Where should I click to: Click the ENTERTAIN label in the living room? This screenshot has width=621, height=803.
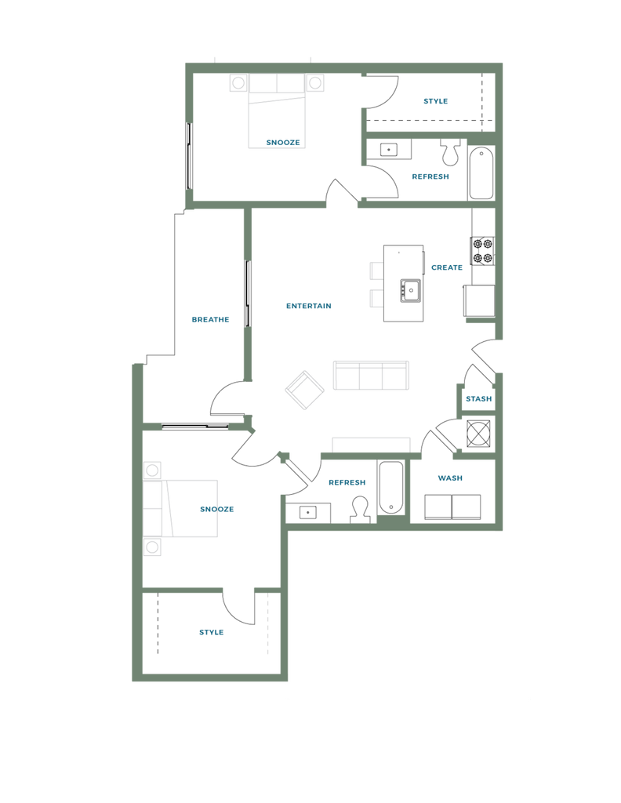pos(309,307)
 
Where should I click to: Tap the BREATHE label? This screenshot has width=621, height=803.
pos(211,319)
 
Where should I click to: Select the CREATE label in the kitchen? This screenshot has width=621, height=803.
pos(447,268)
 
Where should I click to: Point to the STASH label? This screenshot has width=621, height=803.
pos(478,399)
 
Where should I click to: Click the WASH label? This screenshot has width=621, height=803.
pos(448,478)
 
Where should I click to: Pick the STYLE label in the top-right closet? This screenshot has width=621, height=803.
pos(435,101)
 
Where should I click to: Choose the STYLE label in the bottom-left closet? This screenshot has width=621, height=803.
pos(211,632)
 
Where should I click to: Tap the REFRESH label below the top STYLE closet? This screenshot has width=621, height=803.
pos(430,177)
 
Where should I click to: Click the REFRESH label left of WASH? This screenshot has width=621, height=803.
pos(347,482)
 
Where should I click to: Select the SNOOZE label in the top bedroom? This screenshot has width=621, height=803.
pos(283,142)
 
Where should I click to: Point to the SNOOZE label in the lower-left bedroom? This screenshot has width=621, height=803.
pos(217,510)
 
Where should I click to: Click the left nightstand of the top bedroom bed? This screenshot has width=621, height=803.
pos(238,83)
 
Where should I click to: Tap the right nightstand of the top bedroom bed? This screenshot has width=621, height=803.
pos(315,83)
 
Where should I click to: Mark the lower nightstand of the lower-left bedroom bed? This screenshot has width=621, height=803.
pos(152,544)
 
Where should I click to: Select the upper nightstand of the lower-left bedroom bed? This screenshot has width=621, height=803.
pos(152,470)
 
